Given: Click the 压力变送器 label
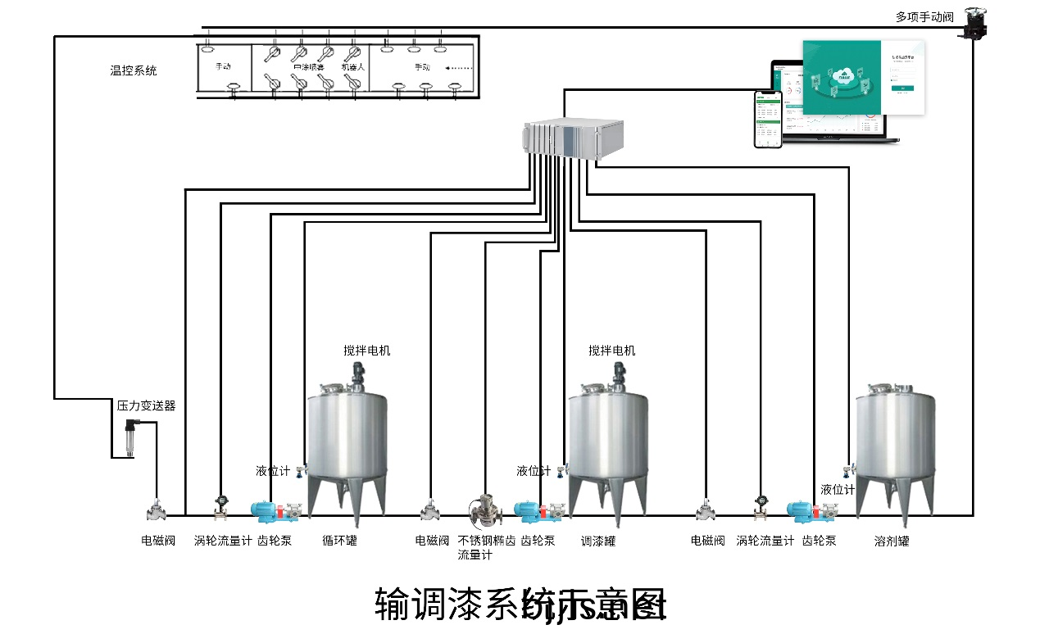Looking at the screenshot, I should [146, 405].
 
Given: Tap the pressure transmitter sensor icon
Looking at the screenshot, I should [131, 438].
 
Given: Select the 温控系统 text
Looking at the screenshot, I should [134, 70].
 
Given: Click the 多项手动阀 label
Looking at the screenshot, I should [924, 16].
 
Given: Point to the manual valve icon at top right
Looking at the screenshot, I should [974, 22].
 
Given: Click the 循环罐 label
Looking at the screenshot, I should [339, 541].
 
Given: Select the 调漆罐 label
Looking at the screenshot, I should [597, 541].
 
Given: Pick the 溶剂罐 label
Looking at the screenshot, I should [892, 541].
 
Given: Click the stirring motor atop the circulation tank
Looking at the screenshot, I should [358, 375].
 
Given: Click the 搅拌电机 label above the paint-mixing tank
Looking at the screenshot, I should [611, 351].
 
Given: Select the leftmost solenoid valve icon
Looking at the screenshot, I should [156, 510].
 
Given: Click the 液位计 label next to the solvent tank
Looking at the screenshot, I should [838, 490].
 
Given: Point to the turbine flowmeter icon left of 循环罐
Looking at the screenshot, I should [220, 507].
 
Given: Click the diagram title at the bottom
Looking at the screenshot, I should [520, 605].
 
